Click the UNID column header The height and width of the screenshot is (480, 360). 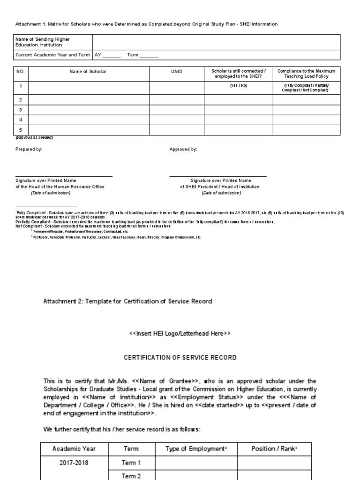177,71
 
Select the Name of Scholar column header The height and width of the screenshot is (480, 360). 88,71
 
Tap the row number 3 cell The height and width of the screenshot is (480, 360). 21,110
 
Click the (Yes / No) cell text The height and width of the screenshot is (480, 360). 238,86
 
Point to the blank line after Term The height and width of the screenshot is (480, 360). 149,56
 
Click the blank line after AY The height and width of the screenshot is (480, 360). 111,56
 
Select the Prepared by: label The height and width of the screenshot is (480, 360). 29,150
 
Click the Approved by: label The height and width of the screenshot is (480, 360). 183,150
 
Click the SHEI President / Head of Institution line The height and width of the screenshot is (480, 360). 220,187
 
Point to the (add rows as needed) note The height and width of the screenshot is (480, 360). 34,138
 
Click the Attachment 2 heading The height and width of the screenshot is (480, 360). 127,301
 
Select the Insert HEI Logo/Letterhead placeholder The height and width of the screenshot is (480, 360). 180,334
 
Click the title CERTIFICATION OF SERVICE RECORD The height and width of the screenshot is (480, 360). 180,358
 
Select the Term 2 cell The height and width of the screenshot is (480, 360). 131,476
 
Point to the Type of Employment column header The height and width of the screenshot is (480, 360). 196,449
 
